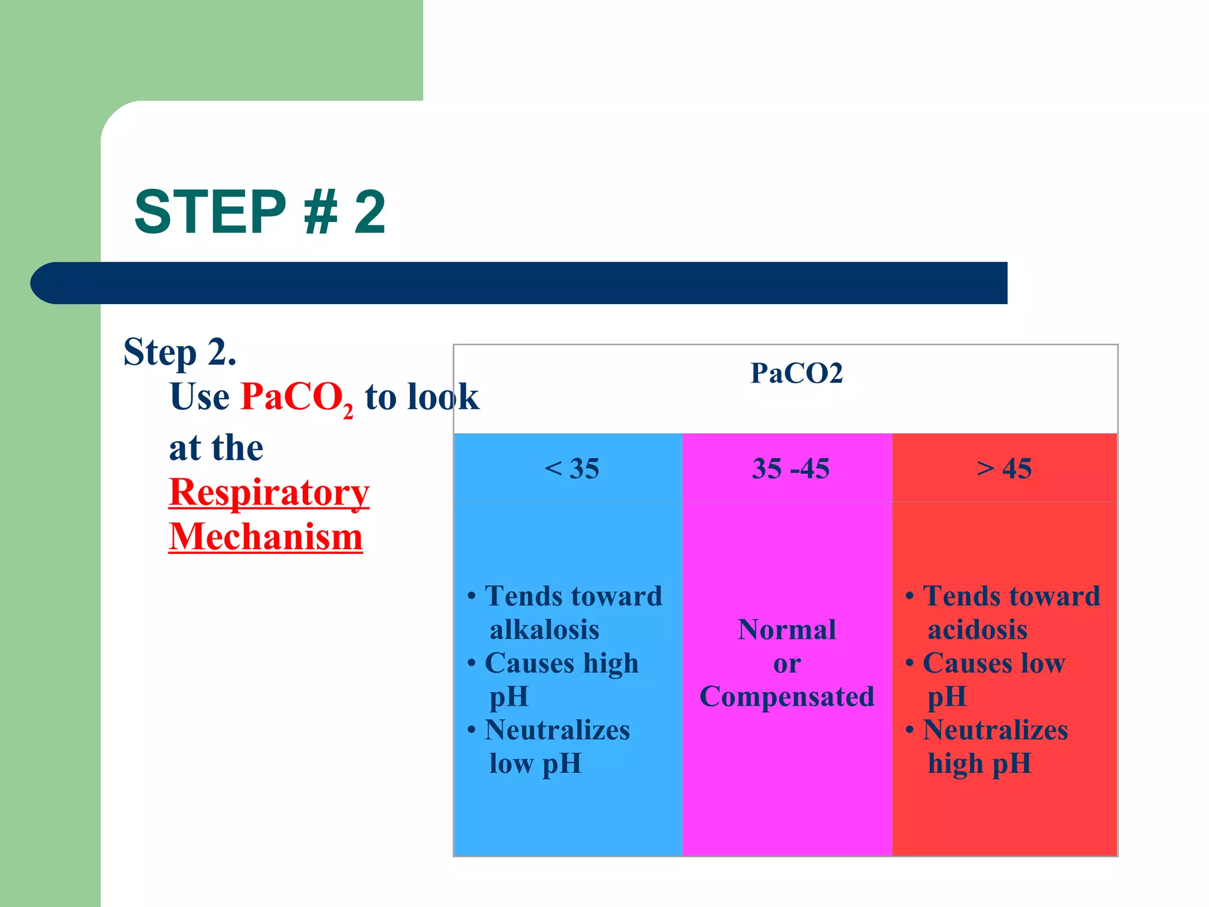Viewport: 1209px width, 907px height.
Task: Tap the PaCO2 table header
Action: pos(796,373)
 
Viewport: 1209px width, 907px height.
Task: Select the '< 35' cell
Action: pos(571,469)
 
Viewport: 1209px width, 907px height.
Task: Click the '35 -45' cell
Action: pos(790,469)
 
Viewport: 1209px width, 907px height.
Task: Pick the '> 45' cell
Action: pos(1004,469)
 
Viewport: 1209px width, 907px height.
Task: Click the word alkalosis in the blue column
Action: pos(544,630)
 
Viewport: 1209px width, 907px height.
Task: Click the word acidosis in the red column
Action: pos(977,630)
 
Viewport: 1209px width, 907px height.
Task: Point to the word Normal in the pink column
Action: pos(786,630)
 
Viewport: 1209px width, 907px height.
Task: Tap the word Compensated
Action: pos(786,697)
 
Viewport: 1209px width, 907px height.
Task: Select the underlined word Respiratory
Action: pos(269,492)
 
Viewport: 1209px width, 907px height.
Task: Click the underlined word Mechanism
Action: pos(265,537)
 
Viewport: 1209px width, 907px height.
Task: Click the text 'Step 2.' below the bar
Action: pos(179,352)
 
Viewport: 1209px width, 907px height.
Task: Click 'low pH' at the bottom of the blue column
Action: pos(535,764)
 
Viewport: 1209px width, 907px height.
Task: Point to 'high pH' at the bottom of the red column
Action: pos(979,764)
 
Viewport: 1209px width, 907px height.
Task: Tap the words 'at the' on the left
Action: pos(216,448)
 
